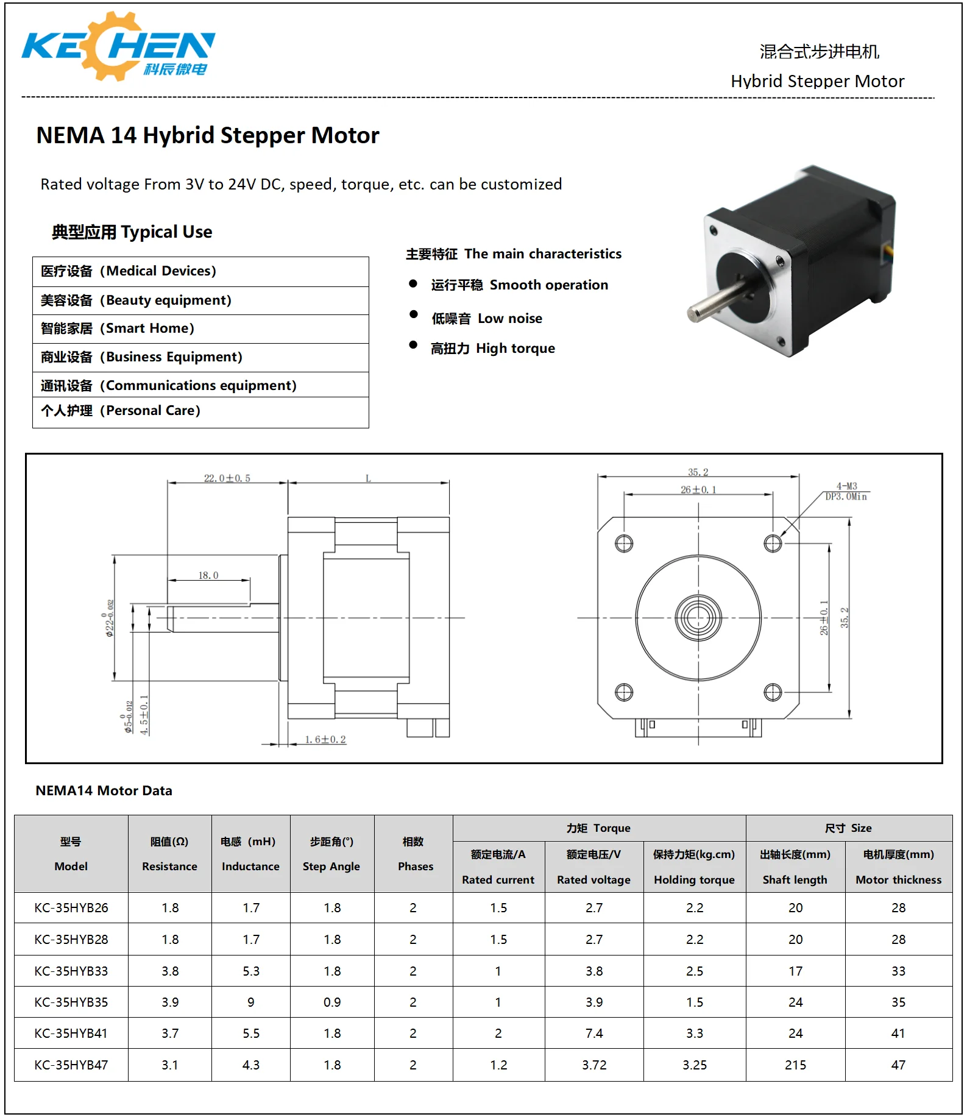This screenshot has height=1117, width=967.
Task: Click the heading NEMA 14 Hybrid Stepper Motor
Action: (208, 135)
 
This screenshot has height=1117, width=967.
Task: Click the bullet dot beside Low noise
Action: (414, 314)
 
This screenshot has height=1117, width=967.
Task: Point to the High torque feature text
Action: (493, 349)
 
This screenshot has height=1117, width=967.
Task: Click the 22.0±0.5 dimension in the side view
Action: (227, 478)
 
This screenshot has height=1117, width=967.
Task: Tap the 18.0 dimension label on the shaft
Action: (208, 575)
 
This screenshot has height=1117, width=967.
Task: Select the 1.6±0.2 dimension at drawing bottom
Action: (325, 739)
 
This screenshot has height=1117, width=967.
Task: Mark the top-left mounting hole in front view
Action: (624, 544)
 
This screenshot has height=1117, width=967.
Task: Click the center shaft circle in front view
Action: (698, 618)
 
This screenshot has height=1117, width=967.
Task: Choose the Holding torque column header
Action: (694, 867)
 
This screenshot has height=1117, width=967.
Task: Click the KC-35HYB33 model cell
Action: (71, 971)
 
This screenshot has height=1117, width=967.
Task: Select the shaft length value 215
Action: (795, 1065)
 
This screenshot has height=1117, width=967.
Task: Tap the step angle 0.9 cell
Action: (332, 1002)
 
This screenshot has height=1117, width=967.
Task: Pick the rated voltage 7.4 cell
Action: (594, 1034)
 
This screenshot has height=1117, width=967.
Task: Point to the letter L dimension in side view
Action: (368, 478)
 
